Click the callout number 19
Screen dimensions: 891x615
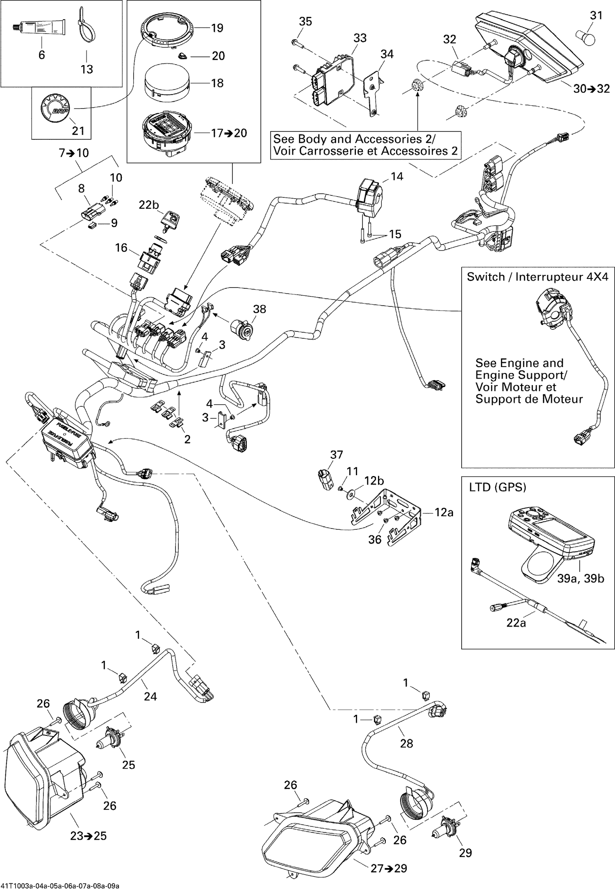pyautogui.click(x=217, y=28)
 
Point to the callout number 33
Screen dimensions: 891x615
pyautogui.click(x=360, y=38)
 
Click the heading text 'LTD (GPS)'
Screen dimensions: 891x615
pyautogui.click(x=497, y=487)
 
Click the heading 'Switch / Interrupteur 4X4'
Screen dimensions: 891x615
pyautogui.click(x=538, y=277)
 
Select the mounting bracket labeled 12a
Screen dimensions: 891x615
pyautogui.click(x=389, y=517)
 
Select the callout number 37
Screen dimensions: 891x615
pyautogui.click(x=337, y=454)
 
